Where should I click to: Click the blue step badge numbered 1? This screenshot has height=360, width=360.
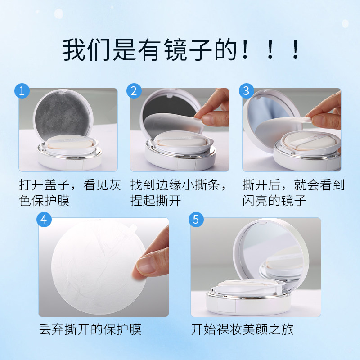tap(22, 91)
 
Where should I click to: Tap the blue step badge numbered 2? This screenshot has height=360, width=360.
tap(134, 91)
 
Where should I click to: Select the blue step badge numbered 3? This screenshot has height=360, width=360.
tap(246, 91)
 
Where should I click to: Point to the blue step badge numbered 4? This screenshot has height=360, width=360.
tap(44, 220)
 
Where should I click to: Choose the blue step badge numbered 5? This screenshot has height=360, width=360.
tap(196, 220)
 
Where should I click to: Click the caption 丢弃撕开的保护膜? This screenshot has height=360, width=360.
tap(90, 329)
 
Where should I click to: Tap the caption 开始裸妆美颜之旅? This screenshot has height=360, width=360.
tap(243, 329)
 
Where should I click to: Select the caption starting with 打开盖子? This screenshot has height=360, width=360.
tap(70, 192)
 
